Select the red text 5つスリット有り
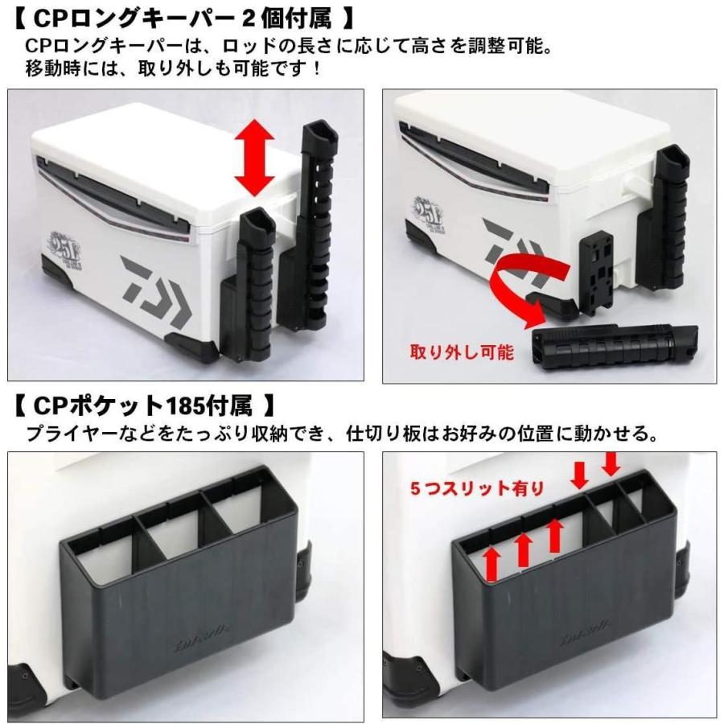tap(477, 487)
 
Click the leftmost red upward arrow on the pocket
tap(493, 563)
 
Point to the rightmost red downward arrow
tap(611, 463)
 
